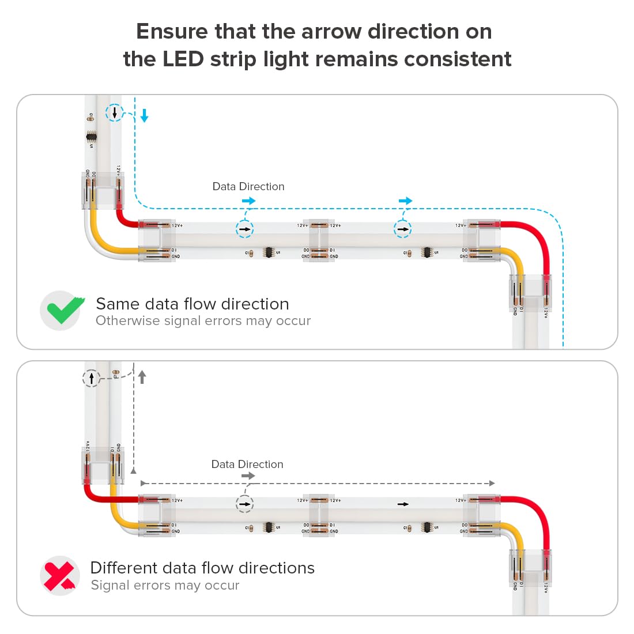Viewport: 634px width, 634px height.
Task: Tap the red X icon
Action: click(60, 575)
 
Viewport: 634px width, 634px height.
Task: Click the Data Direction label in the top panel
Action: click(248, 187)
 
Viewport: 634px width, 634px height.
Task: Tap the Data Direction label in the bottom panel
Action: click(247, 465)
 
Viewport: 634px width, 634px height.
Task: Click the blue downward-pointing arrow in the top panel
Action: click(145, 116)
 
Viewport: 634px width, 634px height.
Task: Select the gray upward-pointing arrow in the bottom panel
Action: click(142, 377)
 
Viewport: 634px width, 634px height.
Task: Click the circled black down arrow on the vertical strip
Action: click(115, 112)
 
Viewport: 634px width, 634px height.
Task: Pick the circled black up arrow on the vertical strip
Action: click(92, 379)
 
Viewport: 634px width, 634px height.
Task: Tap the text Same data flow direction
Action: click(192, 304)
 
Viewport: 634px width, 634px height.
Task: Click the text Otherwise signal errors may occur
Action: click(203, 321)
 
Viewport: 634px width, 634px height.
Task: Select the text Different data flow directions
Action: click(202, 568)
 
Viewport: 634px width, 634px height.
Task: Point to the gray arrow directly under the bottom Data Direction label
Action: click(248, 476)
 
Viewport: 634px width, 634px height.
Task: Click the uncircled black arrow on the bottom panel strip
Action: click(403, 504)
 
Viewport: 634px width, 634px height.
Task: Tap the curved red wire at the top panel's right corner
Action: click(536, 236)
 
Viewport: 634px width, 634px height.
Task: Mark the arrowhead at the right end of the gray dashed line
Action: click(492, 484)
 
